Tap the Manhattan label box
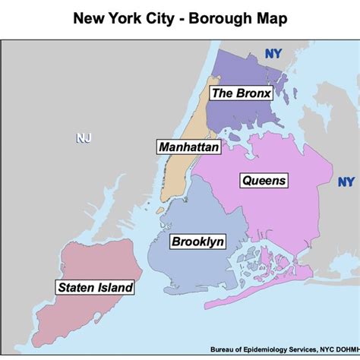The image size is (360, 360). [188, 147]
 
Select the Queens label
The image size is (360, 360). [264, 180]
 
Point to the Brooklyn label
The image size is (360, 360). [197, 242]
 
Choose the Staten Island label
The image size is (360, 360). [95, 287]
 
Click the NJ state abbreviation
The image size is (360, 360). [83, 137]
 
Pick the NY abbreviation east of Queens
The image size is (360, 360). [346, 182]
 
